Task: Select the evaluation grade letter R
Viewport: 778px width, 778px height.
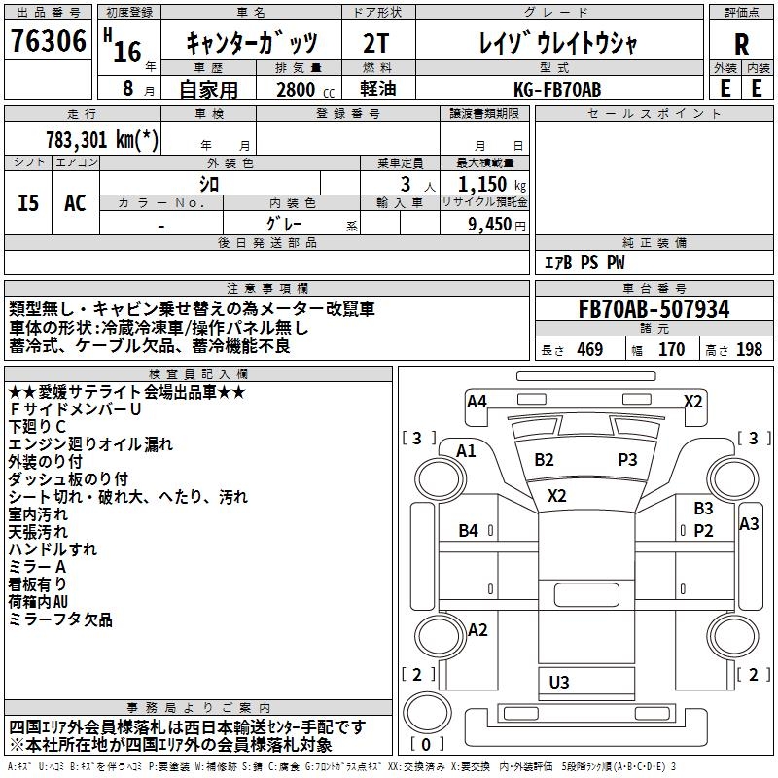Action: (x=741, y=45)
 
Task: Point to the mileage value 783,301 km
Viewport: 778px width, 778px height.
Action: (x=101, y=138)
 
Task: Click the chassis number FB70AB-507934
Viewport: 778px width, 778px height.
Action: (x=654, y=309)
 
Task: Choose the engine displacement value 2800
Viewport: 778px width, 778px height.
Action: (x=296, y=89)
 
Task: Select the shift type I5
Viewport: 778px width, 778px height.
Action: (x=28, y=203)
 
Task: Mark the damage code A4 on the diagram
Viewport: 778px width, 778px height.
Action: (x=477, y=401)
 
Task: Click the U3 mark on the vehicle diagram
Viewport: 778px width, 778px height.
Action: (x=559, y=682)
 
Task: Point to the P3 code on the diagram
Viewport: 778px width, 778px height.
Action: (x=627, y=459)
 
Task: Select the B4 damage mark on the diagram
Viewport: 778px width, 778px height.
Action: (x=469, y=530)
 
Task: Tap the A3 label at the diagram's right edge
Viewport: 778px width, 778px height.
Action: (x=749, y=523)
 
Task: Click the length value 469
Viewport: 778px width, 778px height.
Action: (x=589, y=350)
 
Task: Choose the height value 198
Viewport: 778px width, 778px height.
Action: (x=749, y=350)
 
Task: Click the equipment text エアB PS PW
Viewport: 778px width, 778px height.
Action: (x=583, y=263)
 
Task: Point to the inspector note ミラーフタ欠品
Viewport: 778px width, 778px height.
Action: (x=60, y=619)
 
